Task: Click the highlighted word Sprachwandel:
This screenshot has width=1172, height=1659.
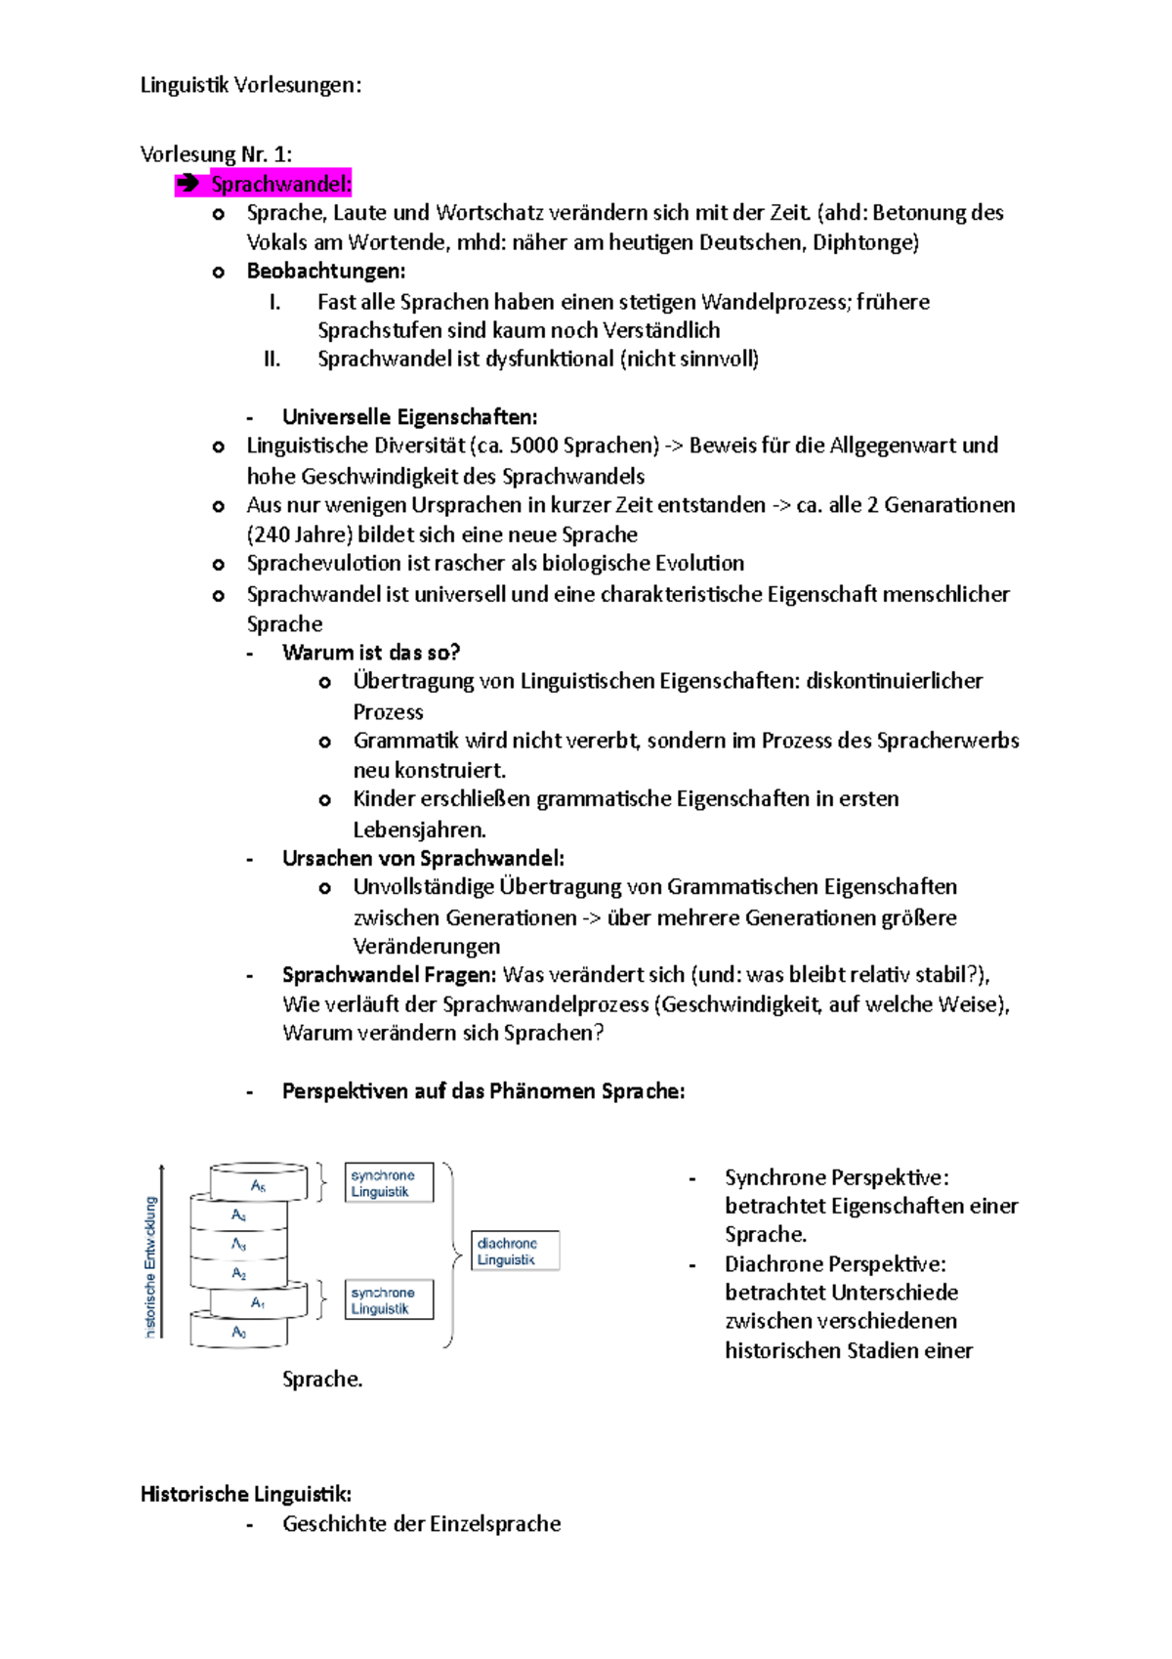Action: (x=280, y=184)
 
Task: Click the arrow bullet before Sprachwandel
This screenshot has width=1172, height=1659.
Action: (x=188, y=184)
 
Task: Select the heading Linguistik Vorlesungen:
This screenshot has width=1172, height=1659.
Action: (x=251, y=85)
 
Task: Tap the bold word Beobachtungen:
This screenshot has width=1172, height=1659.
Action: (x=326, y=271)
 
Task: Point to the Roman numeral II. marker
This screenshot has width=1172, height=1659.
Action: (x=272, y=359)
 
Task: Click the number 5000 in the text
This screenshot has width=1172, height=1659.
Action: (x=533, y=446)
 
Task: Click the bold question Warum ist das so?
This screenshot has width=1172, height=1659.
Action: (x=371, y=652)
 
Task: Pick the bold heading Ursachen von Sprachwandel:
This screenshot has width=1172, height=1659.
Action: (x=423, y=858)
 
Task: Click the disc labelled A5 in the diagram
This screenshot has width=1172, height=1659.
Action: (x=259, y=1184)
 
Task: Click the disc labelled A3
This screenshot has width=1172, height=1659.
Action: (x=239, y=1245)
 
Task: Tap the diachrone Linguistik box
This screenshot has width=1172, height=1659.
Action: (x=515, y=1251)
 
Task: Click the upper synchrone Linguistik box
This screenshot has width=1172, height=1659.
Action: (x=389, y=1183)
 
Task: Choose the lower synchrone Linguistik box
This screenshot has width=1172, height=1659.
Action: (x=389, y=1300)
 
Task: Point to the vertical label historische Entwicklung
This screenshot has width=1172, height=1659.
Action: (x=150, y=1265)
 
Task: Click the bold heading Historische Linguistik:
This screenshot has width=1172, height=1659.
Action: (x=246, y=1494)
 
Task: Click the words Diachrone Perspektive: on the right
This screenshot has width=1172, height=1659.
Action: (x=834, y=1263)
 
